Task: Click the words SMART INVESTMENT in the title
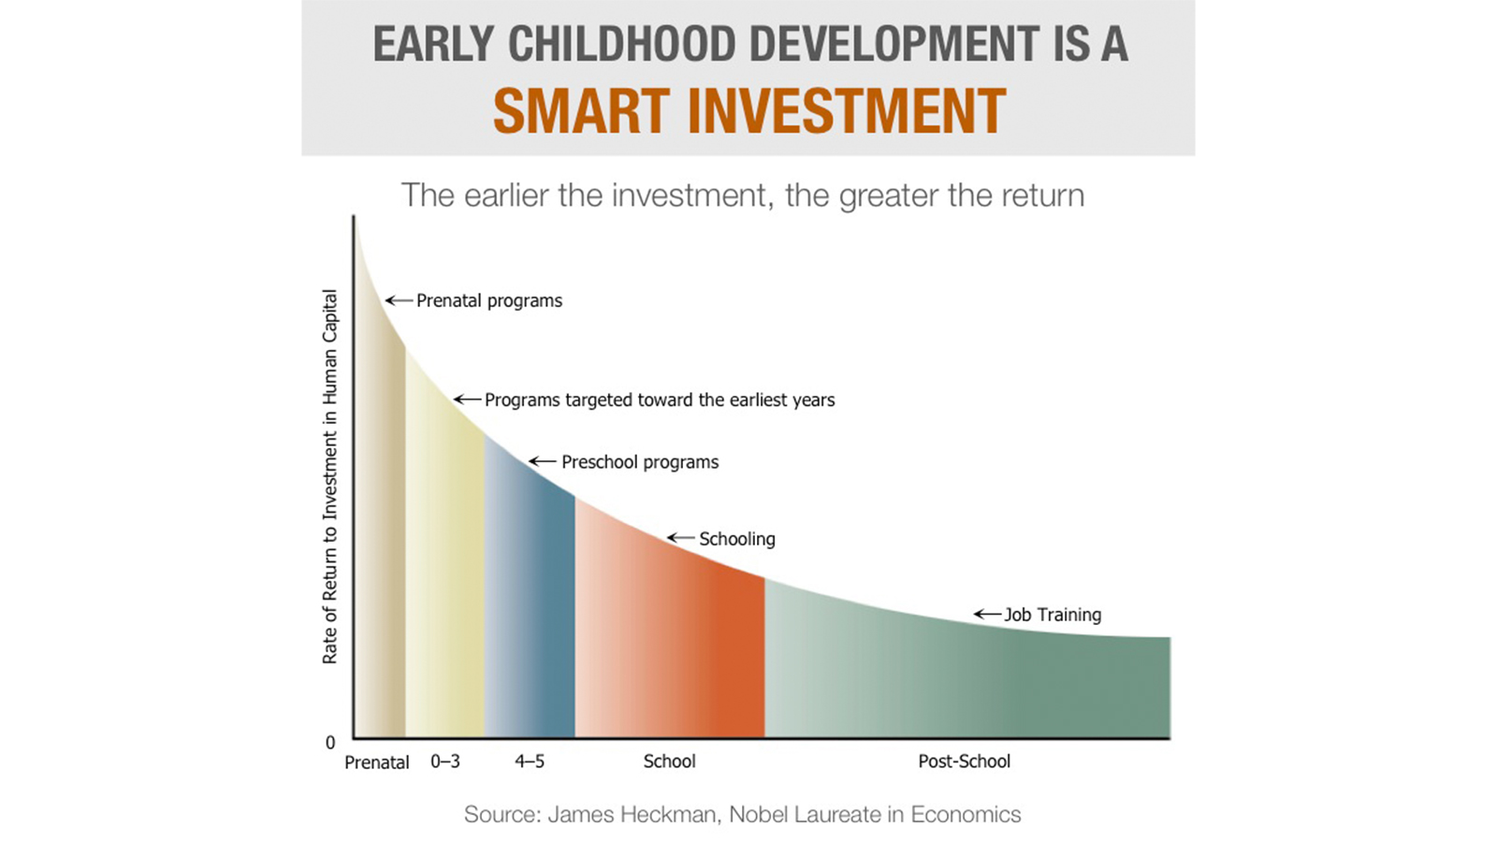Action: (x=748, y=111)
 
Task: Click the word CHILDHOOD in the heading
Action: (x=621, y=44)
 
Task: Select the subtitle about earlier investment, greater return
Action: (x=743, y=196)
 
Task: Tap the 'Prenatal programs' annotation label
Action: (x=489, y=300)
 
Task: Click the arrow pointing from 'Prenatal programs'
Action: (x=400, y=300)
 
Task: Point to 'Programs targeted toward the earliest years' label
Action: (x=660, y=399)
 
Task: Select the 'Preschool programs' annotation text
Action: (x=640, y=462)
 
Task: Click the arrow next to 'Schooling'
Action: (x=680, y=538)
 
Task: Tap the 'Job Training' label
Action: (x=1053, y=615)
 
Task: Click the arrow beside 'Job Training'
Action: (x=987, y=615)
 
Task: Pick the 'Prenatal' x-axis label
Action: (x=377, y=762)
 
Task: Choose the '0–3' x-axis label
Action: (x=445, y=762)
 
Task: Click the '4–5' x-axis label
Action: (x=530, y=762)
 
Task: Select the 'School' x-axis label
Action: (x=669, y=762)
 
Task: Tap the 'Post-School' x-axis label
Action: (x=964, y=762)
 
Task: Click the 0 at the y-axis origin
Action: (x=330, y=743)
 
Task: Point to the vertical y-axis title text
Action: (x=329, y=477)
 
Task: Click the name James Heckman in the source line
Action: (x=632, y=814)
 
